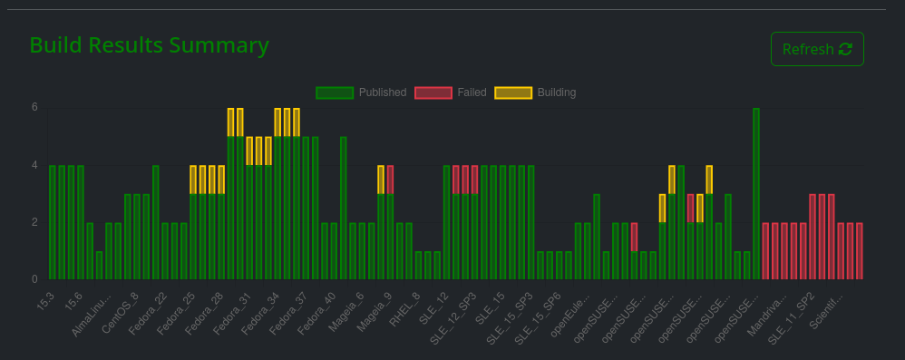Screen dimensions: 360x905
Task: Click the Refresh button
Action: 816,49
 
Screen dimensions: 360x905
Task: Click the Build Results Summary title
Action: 149,45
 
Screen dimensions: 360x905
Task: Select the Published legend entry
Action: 361,92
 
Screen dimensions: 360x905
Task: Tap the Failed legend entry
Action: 451,92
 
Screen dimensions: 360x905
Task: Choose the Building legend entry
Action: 535,92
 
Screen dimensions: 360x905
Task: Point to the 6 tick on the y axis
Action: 34,107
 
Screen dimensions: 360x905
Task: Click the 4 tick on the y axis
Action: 34,165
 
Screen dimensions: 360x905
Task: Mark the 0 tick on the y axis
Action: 34,279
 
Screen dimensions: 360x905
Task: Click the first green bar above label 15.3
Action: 53,222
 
